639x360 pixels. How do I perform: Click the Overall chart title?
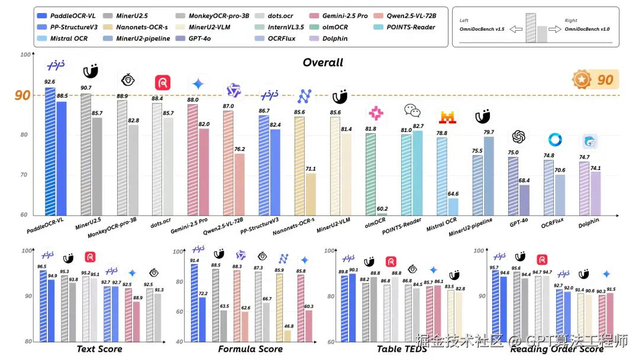[x=322, y=62]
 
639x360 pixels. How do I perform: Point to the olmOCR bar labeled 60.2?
[x=382, y=214]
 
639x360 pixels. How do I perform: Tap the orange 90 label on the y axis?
[x=22, y=95]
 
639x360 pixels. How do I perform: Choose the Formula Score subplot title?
[x=250, y=349]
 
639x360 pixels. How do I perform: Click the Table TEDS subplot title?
[x=402, y=349]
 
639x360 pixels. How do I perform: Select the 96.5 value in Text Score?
[x=42, y=267]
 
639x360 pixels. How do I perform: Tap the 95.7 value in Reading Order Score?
[x=495, y=268]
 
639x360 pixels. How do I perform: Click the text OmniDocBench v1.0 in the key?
[x=586, y=29]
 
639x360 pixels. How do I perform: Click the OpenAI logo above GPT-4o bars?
[x=519, y=137]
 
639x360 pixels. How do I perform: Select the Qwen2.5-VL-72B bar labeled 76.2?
[x=239, y=184]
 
